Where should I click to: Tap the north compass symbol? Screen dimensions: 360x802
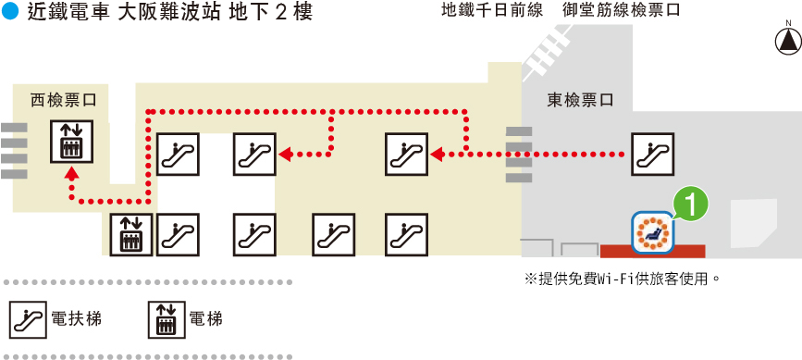click(786, 41)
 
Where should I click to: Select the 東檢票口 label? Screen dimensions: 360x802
click(581, 99)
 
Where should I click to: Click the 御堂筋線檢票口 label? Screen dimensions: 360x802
click(622, 13)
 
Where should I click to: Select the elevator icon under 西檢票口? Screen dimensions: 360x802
click(70, 143)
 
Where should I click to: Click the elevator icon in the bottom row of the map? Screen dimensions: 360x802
click(130, 235)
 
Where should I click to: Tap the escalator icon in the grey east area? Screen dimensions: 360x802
click(652, 154)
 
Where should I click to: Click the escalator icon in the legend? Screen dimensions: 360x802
click(27, 319)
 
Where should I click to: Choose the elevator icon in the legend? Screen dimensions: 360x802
click(167, 319)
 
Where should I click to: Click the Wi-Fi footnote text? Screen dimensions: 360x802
click(622, 278)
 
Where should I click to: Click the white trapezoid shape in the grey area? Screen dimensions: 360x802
click(753, 222)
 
